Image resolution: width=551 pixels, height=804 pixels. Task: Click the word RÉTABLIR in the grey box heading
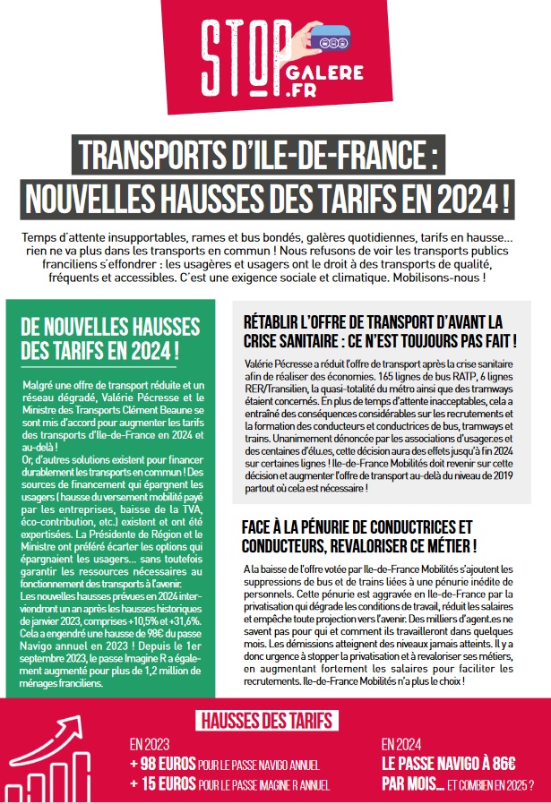(271, 321)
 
